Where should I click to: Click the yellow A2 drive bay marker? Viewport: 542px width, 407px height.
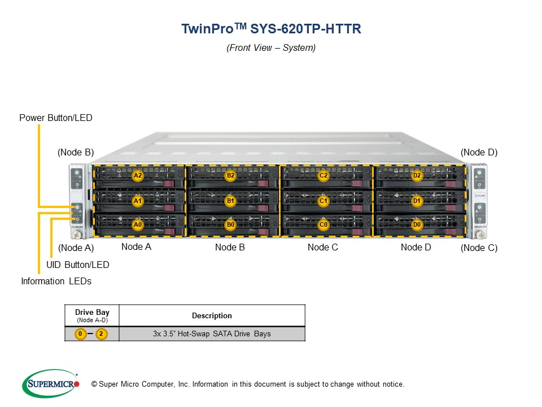(x=137, y=176)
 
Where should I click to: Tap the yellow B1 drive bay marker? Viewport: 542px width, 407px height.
(x=230, y=200)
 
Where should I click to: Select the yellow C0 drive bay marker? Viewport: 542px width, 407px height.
(x=324, y=224)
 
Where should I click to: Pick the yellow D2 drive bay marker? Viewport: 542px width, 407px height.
(x=417, y=176)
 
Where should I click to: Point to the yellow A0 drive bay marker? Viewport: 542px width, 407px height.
(x=137, y=224)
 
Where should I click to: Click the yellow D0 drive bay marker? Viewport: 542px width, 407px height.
(x=417, y=224)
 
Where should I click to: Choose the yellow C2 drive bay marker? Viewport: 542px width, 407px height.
(x=324, y=176)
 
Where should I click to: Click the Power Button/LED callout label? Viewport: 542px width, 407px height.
(x=55, y=118)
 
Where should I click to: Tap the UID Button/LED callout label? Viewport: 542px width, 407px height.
(x=78, y=265)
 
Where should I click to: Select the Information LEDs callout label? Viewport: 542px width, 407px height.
(x=56, y=281)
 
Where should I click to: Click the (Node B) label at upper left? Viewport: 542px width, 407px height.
(x=76, y=153)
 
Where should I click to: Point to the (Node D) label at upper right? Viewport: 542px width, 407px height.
(x=479, y=153)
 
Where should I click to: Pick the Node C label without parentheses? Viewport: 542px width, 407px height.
(x=323, y=247)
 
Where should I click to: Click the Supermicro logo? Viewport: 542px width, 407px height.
(x=51, y=384)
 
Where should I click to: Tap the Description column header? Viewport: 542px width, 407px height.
(x=212, y=315)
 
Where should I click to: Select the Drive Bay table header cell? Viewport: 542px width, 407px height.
(x=92, y=315)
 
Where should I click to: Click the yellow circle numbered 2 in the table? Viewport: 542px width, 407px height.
(x=101, y=334)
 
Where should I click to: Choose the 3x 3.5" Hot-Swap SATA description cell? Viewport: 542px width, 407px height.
(x=212, y=334)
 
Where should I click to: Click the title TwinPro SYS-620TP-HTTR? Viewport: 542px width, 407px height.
(x=270, y=29)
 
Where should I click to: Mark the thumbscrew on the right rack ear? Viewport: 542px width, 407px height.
(x=479, y=234)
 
